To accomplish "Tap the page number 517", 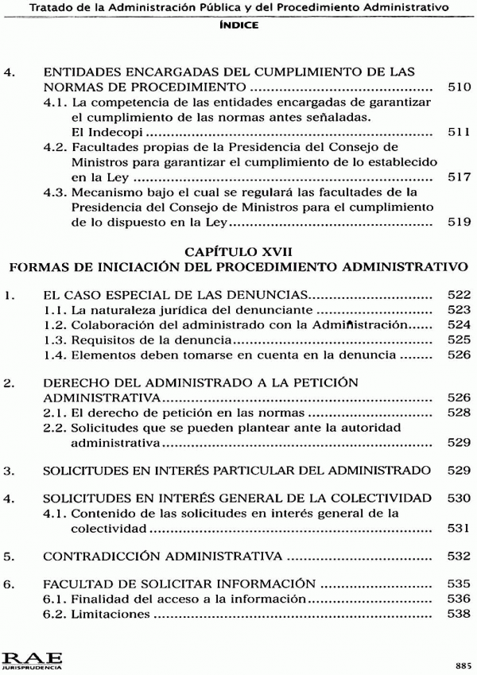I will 460,177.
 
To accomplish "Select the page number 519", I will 460,223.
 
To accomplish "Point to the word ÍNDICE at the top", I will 238,25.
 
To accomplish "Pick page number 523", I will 460,309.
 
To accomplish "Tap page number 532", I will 460,554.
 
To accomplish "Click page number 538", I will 460,614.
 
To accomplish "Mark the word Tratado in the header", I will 50,7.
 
